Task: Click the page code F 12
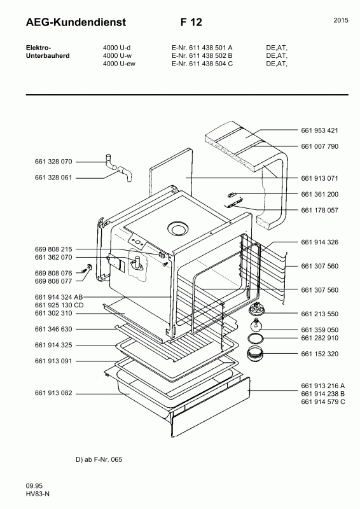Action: coord(191,22)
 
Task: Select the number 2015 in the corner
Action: coord(340,20)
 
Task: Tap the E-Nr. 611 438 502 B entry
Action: coord(202,55)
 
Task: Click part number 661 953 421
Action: coord(319,130)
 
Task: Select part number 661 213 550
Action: coord(319,314)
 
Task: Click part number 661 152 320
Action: coord(319,354)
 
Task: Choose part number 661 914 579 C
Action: coord(322,403)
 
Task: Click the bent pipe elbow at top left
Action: coord(117,169)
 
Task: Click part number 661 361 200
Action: coord(319,193)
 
